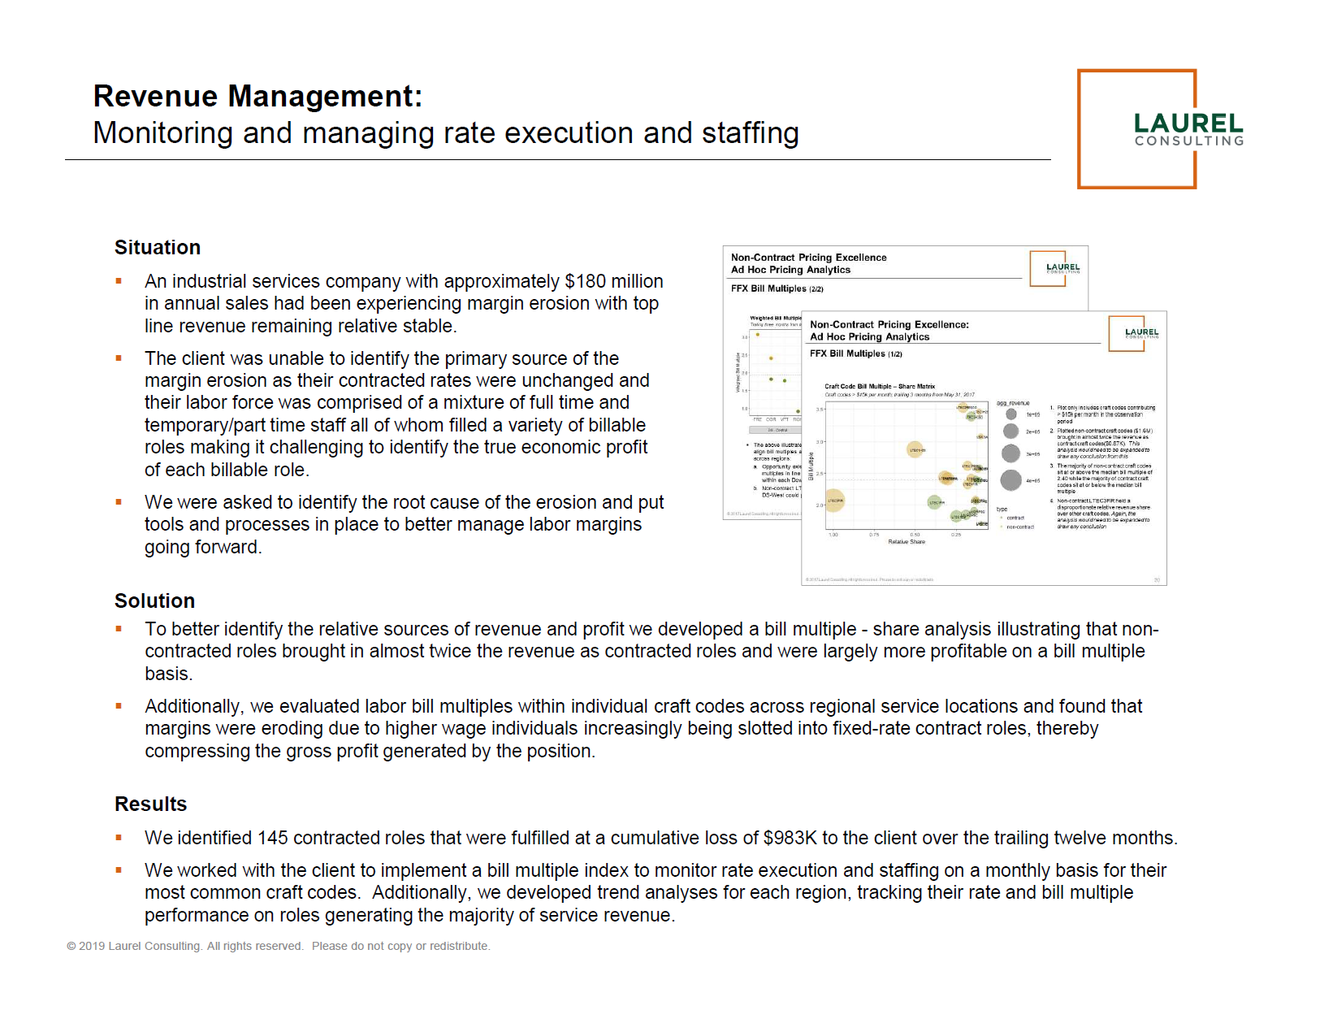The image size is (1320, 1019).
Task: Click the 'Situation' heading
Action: pyautogui.click(x=158, y=248)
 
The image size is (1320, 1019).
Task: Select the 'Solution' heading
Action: pyautogui.click(x=154, y=601)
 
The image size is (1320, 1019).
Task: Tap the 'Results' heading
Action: pyautogui.click(x=150, y=804)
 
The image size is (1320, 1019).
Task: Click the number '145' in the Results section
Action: pyautogui.click(x=272, y=839)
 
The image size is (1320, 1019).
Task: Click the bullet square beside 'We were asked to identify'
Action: pyautogui.click(x=119, y=502)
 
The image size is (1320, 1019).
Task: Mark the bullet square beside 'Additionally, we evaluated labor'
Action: pyautogui.click(x=119, y=706)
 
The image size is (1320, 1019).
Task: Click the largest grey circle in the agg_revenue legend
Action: pyautogui.click(x=1011, y=480)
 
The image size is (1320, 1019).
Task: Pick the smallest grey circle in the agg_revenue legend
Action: pyautogui.click(x=1011, y=414)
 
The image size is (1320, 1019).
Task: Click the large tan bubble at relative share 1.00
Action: pyautogui.click(x=834, y=501)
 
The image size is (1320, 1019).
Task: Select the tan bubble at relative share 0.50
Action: pyautogui.click(x=915, y=449)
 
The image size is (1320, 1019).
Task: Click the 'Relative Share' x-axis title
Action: pyautogui.click(x=907, y=542)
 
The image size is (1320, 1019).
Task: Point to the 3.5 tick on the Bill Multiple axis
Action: pyautogui.click(x=820, y=410)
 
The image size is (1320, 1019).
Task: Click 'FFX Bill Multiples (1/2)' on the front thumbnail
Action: pyautogui.click(x=855, y=354)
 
